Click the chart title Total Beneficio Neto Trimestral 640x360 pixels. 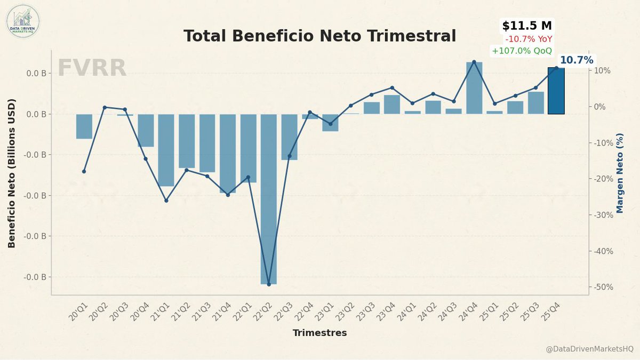pos(319,36)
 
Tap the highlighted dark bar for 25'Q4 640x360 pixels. pos(556,91)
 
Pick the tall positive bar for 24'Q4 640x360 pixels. pos(474,88)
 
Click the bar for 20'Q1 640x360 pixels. pos(84,126)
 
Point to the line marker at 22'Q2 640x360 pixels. pos(269,284)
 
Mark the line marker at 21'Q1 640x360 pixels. pos(166,201)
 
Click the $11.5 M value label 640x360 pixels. pos(526,26)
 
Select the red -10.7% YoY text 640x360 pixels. pos(529,39)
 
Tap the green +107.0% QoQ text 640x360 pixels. pos(522,51)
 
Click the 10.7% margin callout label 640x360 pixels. pos(576,60)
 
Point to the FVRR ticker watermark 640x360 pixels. pos(92,68)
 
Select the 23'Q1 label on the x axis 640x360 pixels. pos(327,311)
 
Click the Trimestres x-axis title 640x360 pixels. pos(319,333)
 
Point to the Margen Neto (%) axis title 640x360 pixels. pos(620,173)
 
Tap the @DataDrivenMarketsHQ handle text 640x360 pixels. pos(589,349)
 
